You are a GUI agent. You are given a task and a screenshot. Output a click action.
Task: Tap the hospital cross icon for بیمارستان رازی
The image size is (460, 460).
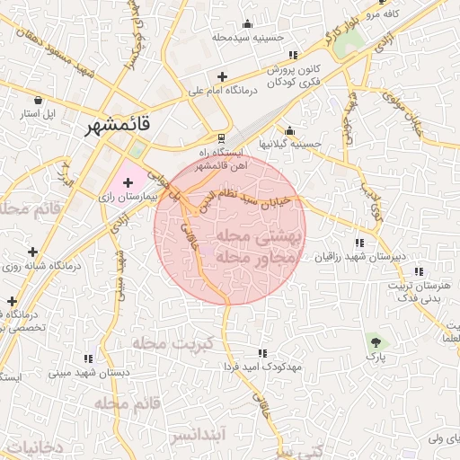[128, 182]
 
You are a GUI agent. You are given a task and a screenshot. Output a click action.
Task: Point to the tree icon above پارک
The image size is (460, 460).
[375, 341]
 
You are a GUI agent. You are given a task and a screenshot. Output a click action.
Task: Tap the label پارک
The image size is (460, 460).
[375, 357]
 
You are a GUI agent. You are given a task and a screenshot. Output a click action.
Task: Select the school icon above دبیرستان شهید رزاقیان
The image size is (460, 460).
[359, 243]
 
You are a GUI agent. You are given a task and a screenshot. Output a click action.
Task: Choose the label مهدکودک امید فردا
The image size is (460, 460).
[263, 368]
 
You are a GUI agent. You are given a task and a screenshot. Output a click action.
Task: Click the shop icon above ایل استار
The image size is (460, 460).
[39, 101]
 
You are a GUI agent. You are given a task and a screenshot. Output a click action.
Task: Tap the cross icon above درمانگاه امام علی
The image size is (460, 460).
[222, 76]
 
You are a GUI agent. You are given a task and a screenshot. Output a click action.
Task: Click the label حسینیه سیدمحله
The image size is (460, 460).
[248, 38]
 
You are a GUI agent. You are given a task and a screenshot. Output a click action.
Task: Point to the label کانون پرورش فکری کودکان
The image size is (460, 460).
[293, 75]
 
